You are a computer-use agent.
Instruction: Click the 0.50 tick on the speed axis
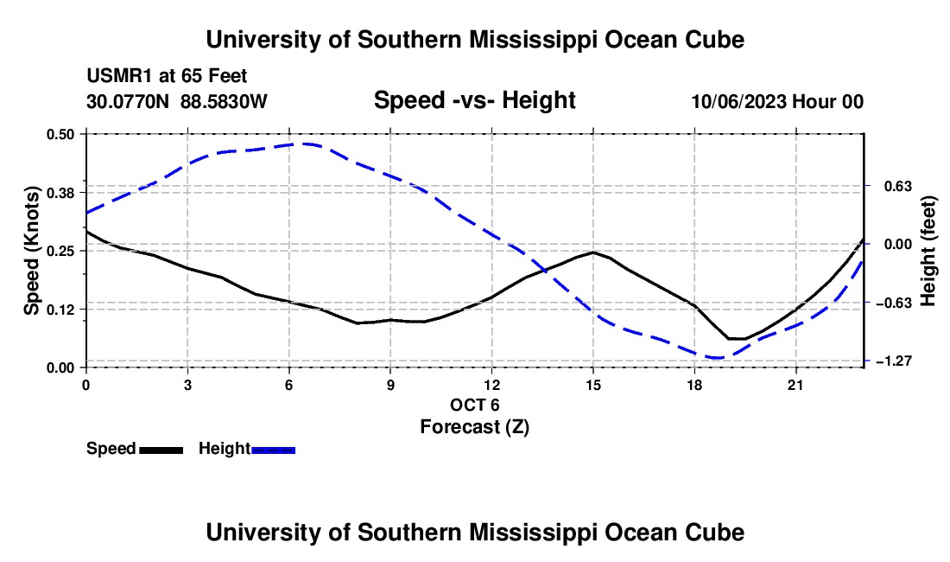60,134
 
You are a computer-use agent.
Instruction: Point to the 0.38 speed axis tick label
60,193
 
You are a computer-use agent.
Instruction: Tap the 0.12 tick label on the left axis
60,310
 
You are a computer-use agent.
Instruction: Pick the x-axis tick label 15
593,385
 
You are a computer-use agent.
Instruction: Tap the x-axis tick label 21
795,385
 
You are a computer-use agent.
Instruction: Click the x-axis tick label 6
289,385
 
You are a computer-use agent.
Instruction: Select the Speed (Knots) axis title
31,251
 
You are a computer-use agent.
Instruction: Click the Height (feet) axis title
928,251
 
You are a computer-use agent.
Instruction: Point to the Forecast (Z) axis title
474,427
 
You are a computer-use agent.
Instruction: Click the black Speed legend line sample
161,450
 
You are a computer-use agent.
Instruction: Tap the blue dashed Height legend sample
273,450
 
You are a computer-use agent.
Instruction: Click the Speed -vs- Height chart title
474,100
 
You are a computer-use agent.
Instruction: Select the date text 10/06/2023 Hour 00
777,101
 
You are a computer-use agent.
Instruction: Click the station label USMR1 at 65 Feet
167,76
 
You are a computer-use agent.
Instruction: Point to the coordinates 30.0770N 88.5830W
176,101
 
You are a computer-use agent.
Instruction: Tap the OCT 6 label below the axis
474,405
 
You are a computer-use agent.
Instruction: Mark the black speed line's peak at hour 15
593,252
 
